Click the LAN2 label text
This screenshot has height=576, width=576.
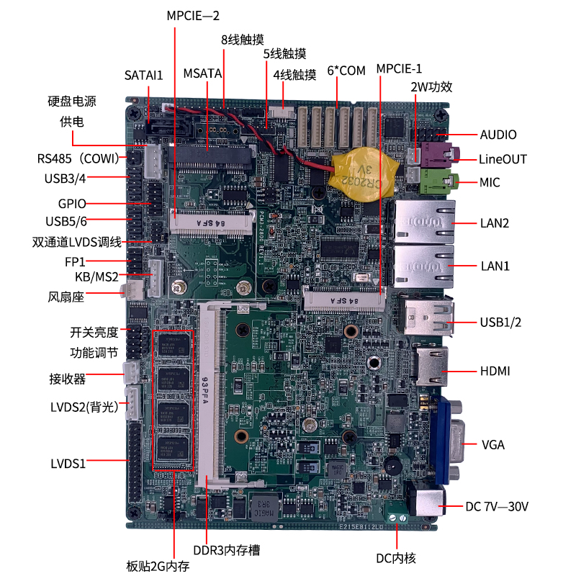pyautogui.click(x=495, y=222)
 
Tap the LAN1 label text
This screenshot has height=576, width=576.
pyautogui.click(x=495, y=266)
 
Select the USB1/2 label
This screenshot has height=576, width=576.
pyautogui.click(x=500, y=322)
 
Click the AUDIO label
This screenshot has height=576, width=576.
pyautogui.click(x=498, y=135)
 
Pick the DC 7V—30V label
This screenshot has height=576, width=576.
pyautogui.click(x=497, y=507)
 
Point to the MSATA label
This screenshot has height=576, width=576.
pyautogui.click(x=202, y=73)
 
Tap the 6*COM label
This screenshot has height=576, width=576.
pyautogui.click(x=346, y=70)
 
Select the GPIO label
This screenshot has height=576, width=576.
pyautogui.click(x=73, y=203)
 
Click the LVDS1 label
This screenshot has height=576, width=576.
pyautogui.click(x=68, y=463)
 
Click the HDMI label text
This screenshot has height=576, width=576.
pyautogui.click(x=495, y=372)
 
